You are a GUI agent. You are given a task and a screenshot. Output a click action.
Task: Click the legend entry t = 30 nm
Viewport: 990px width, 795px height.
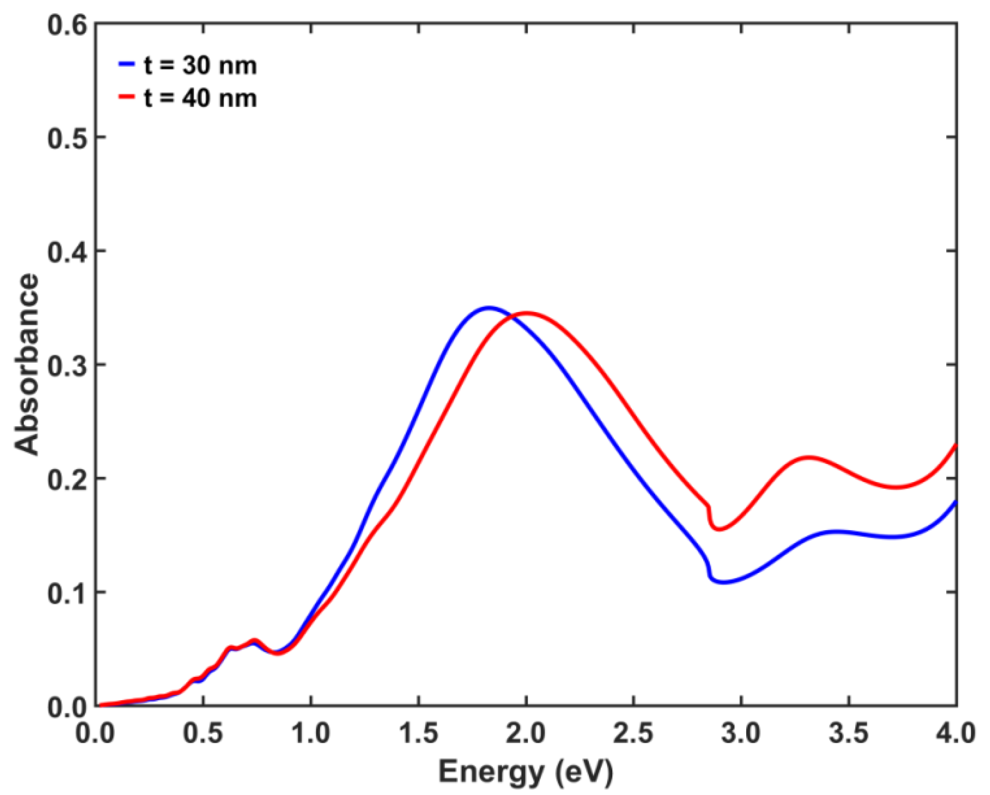[x=200, y=65]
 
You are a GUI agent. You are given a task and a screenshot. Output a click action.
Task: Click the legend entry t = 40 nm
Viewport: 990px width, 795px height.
[x=200, y=99]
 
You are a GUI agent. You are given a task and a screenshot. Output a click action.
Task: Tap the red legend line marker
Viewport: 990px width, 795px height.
[x=127, y=97]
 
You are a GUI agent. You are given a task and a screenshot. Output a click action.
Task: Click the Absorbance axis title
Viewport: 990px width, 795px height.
[x=26, y=364]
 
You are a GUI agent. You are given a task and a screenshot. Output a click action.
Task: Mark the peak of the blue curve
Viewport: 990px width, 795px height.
[x=489, y=308]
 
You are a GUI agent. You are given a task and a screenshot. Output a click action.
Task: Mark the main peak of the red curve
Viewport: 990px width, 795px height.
[x=527, y=313]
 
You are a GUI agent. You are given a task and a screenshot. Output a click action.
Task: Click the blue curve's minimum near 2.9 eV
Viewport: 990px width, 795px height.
[x=724, y=582]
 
